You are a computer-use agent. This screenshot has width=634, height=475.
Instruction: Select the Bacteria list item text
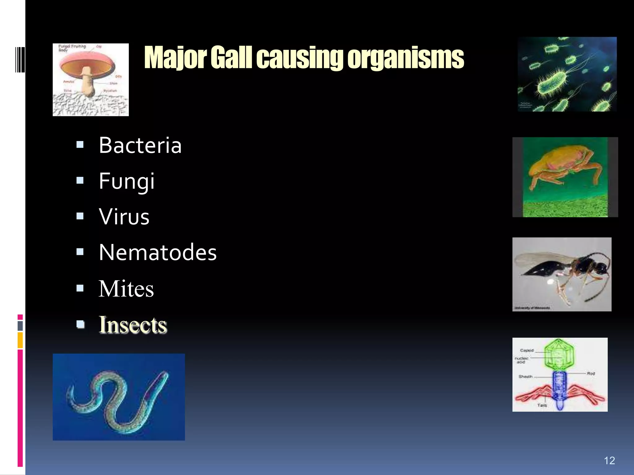[x=140, y=145]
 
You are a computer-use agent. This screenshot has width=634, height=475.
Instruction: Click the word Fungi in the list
[x=126, y=182]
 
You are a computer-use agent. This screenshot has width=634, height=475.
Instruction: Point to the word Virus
[x=124, y=217]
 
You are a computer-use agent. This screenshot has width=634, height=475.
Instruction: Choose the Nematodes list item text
[x=158, y=253]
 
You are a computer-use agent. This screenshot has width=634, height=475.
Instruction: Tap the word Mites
[x=126, y=289]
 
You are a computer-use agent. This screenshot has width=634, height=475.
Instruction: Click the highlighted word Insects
[x=133, y=325]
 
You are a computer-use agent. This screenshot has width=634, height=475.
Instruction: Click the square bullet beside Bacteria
[x=80, y=145]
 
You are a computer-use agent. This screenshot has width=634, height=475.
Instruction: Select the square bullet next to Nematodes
[x=80, y=252]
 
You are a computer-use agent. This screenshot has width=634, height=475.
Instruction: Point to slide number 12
[x=609, y=460]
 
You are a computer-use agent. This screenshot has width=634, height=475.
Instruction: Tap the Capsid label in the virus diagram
[x=527, y=350]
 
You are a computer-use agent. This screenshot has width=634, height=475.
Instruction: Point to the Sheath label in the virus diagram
[x=525, y=377]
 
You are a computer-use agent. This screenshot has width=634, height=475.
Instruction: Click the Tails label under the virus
[x=542, y=405]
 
